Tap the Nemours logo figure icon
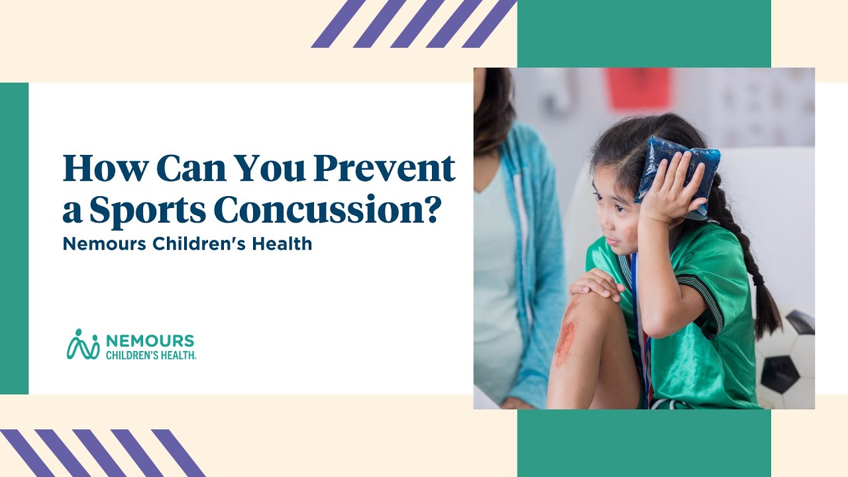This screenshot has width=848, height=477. (x=83, y=344)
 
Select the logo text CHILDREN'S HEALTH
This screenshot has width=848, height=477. (x=150, y=354)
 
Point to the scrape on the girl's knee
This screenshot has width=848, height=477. (x=565, y=341)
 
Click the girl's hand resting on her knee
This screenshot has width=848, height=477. (x=596, y=285)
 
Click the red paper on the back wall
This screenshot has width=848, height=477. (x=637, y=88)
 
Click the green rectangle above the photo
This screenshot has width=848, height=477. (x=643, y=33)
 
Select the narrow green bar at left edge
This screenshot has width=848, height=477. (x=14, y=238)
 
